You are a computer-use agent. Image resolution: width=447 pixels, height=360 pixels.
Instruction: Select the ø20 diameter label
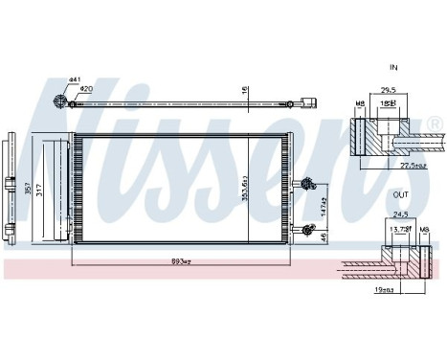tap(86, 90)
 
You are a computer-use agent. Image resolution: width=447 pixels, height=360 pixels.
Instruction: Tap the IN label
tap(393, 68)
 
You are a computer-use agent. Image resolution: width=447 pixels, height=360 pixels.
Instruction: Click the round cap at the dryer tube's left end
tap(60, 102)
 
